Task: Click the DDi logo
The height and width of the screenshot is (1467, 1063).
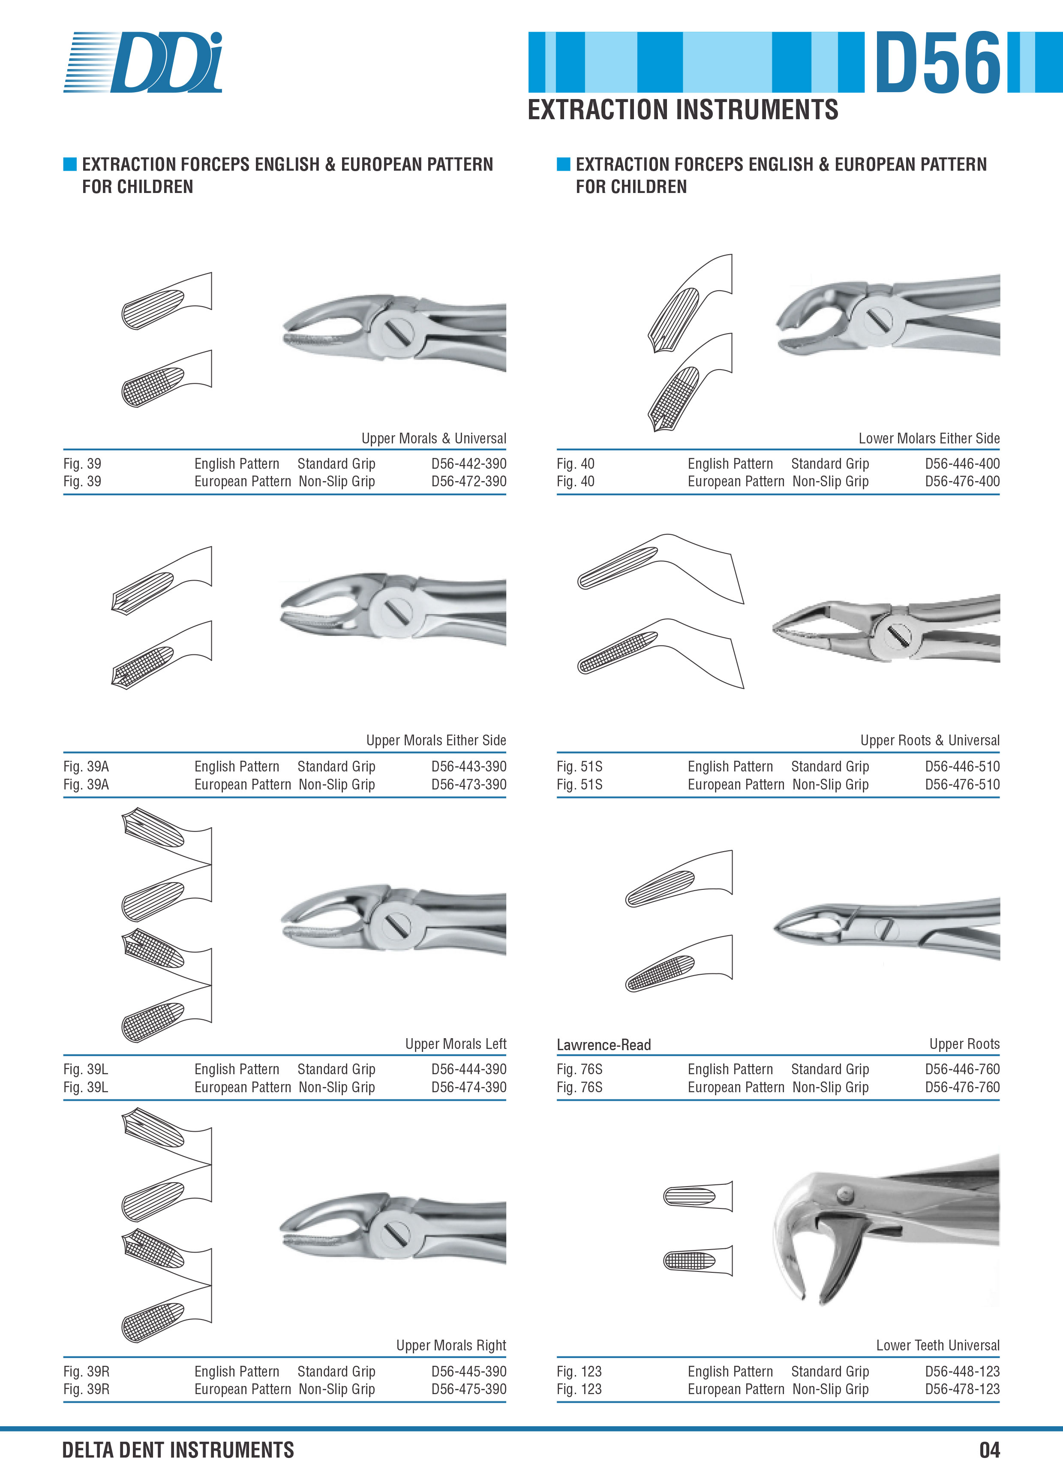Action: click(x=143, y=62)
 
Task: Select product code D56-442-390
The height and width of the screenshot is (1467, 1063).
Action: click(x=469, y=464)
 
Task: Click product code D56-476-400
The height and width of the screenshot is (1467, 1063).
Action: click(x=962, y=481)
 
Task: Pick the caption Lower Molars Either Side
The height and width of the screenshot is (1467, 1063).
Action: click(x=929, y=439)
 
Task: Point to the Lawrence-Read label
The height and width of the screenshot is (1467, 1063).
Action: click(x=604, y=1045)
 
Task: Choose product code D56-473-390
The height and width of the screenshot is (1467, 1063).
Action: click(x=469, y=785)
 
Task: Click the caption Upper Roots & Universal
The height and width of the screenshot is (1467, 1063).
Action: click(x=930, y=741)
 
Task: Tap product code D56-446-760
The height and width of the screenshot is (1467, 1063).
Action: click(x=962, y=1069)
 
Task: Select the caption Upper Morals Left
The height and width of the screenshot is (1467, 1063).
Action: click(x=456, y=1044)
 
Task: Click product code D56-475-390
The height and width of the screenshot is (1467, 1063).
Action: click(x=469, y=1389)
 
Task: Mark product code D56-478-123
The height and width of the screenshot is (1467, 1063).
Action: click(x=962, y=1389)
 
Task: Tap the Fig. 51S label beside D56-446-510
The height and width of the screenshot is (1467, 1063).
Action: click(x=580, y=766)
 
